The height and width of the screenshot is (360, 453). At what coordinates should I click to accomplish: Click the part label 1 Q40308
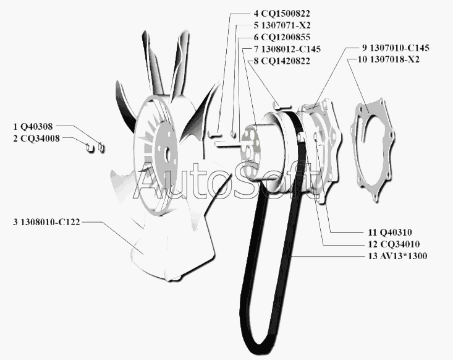(x=33, y=127)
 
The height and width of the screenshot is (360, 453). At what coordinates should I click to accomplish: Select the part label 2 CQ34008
(x=36, y=139)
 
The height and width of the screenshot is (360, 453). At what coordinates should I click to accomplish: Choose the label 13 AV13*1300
(x=398, y=256)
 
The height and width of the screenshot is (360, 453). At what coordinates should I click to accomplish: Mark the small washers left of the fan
(x=96, y=147)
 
